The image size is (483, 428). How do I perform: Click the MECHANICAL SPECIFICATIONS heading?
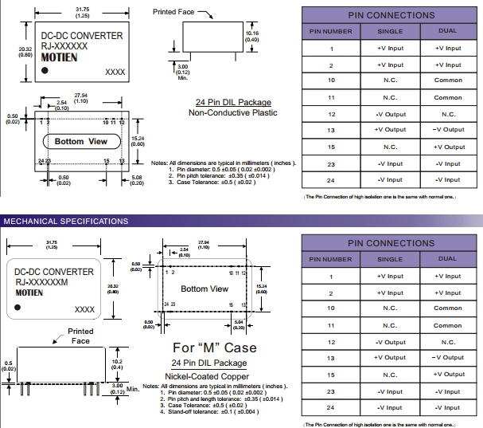point(66,221)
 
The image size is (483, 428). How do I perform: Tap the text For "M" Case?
point(215,348)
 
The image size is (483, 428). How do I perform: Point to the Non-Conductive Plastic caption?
point(233,113)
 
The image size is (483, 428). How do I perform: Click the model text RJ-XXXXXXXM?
point(42,282)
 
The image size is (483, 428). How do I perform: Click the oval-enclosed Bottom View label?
point(81,142)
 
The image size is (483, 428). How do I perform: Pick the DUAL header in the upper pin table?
point(448,31)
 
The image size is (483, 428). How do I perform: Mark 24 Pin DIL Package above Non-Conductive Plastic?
point(233,103)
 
